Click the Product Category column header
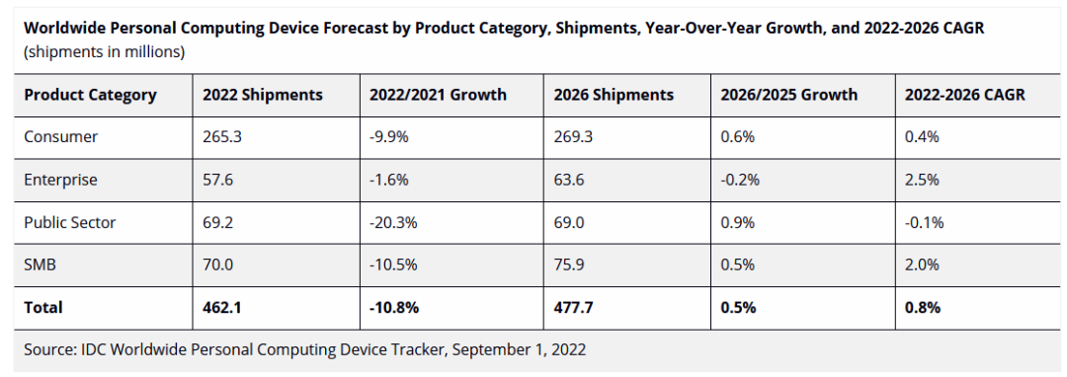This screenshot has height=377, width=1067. point(90,95)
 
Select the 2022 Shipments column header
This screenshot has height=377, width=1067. point(262,95)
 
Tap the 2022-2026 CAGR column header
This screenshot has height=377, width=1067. point(964,95)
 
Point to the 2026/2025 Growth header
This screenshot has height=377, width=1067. point(788,95)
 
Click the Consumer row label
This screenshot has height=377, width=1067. point(60,136)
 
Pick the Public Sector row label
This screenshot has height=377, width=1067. point(69,222)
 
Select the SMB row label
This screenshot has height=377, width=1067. point(40,264)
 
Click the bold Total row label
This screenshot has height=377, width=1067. point(42,307)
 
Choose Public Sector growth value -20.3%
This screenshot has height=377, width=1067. point(393,222)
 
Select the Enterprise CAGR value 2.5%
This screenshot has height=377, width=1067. point(922,180)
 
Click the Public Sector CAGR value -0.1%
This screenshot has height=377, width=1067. point(924,222)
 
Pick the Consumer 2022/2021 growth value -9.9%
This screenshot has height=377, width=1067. point(390,136)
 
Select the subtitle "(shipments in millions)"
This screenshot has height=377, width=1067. point(104,51)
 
